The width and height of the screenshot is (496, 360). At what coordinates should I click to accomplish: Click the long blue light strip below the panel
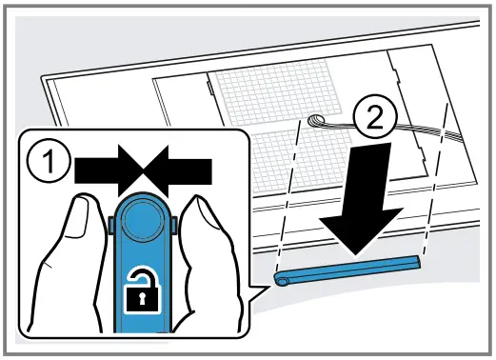point(347,268)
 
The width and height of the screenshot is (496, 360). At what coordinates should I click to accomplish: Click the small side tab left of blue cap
point(112,226)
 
